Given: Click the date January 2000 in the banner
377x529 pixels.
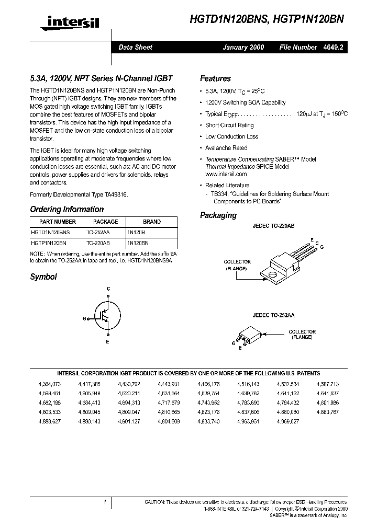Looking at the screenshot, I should point(243,48).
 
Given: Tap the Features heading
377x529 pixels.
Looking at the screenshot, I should point(215,79).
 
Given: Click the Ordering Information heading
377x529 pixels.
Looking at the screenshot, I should point(66,210).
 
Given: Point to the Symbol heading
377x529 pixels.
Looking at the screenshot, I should point(43,277).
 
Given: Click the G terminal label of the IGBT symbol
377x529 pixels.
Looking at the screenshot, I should point(84,318).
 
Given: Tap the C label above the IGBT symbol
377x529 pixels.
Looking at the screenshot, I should point(108,289).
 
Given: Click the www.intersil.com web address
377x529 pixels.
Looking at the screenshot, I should point(226,174).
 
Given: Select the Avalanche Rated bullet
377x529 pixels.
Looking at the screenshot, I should point(226,148).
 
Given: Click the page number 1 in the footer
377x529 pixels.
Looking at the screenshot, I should point(105,502).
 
